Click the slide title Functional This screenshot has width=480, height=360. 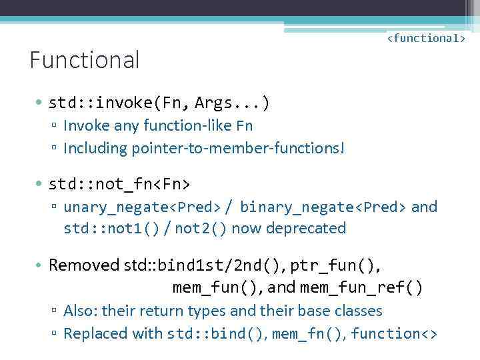coord(85,60)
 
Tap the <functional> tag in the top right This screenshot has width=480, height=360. coord(426,38)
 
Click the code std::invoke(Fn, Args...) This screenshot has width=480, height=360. coord(159,103)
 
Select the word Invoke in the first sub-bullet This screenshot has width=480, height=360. coord(87,125)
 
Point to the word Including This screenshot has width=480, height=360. coord(95,148)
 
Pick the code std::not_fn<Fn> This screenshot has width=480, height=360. coord(120,183)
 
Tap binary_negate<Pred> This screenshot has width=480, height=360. coord(323,207)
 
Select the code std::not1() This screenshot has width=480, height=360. coord(111,229)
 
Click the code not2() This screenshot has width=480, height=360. coord(201,229)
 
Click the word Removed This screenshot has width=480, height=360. coord(84,265)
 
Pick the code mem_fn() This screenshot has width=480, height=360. coord(307,333)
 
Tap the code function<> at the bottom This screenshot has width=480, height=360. coord(394,333)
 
